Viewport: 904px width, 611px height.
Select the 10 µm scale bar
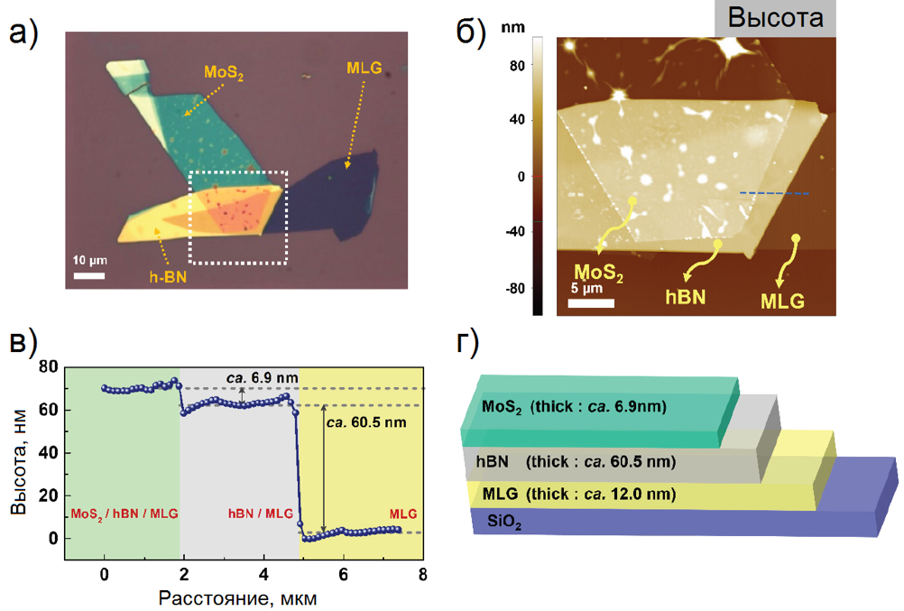pos(90,273)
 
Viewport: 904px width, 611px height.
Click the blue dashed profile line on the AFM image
pos(774,193)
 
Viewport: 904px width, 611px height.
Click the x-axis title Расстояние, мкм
pos(237,597)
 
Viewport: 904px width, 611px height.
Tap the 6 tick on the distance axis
pos(343,573)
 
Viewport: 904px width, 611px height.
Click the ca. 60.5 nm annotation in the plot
pos(365,422)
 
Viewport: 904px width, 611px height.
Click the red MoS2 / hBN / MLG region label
pos(124,514)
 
